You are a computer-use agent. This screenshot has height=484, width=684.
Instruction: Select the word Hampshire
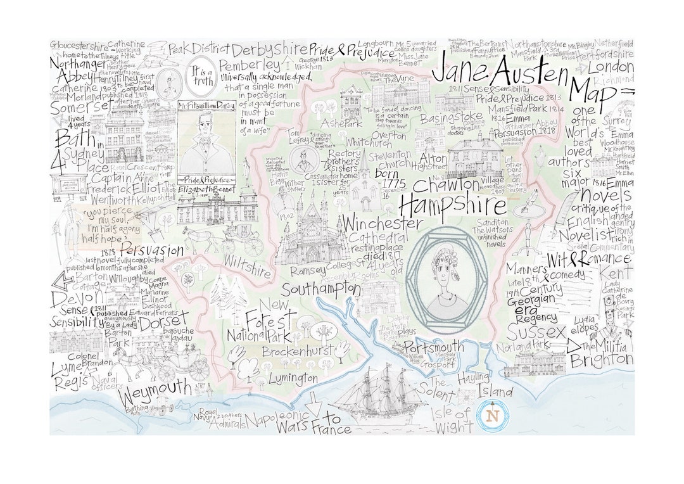click(452, 205)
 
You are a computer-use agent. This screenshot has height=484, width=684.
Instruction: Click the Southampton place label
click(321, 290)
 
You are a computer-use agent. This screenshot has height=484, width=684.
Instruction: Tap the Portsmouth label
click(434, 348)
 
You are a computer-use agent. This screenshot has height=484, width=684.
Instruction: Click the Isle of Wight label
click(452, 420)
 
